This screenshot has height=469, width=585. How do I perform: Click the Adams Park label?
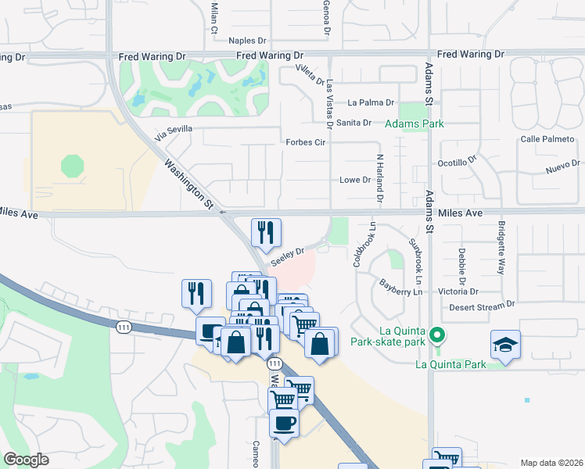pos(415,124)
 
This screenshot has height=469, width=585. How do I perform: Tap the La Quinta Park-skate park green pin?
pos(438,337)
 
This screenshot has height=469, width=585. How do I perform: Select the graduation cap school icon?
pos(506,345)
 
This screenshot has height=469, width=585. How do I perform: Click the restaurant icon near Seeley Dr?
pos(266,232)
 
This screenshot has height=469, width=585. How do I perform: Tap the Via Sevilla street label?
pos(173,132)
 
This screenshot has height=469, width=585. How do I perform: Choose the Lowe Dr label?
pos(354,180)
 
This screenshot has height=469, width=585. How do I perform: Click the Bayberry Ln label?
pos(401,288)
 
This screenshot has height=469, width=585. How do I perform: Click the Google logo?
pos(26,460)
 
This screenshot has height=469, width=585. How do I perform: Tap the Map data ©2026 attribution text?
pos(551,463)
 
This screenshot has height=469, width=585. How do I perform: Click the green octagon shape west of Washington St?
pos(72,166)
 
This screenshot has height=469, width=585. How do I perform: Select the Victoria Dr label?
pos(458,291)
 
